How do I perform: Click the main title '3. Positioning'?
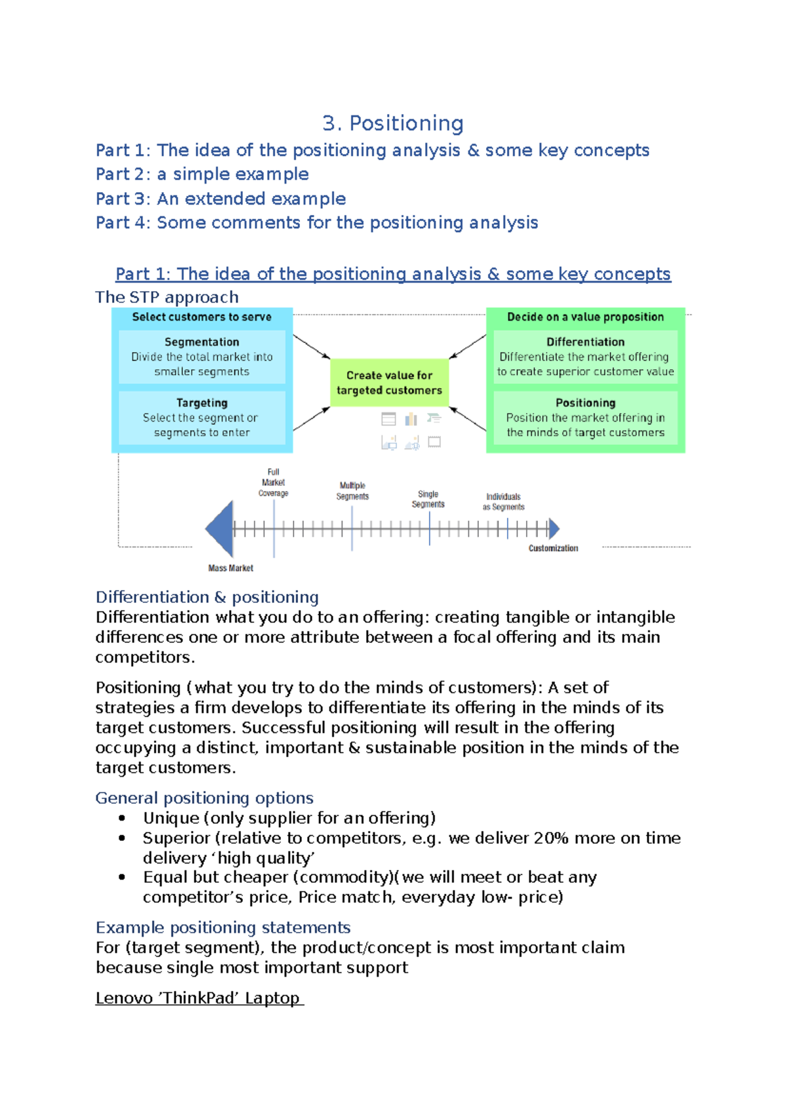393,123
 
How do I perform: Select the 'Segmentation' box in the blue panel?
202,357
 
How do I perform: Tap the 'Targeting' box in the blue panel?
202,418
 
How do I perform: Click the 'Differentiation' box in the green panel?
586,357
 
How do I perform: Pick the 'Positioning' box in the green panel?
586,418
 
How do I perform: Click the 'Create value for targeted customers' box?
389,383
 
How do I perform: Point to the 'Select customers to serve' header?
202,317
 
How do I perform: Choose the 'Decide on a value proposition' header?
586,317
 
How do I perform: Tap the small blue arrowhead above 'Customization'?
554,528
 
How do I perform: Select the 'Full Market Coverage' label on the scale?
273,482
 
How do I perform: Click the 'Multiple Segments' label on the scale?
352,491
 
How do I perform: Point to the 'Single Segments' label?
428,499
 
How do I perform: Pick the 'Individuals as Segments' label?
504,502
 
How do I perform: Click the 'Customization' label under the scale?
553,548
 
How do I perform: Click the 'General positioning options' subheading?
204,798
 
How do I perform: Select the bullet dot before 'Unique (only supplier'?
122,818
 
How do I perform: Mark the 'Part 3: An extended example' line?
221,199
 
